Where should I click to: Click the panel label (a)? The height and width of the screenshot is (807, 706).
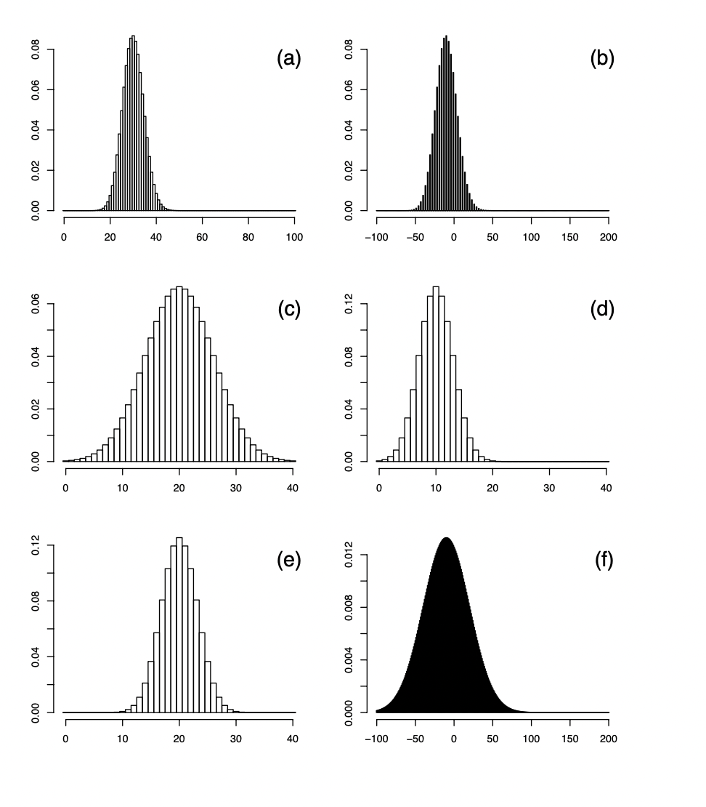point(288,60)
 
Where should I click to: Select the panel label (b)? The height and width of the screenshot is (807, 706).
point(602,60)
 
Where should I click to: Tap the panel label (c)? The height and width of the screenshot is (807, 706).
point(288,310)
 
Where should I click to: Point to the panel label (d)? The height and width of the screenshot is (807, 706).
point(602,310)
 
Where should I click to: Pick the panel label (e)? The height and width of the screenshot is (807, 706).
point(288,561)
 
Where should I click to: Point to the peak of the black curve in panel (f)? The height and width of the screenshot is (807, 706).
point(446,539)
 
